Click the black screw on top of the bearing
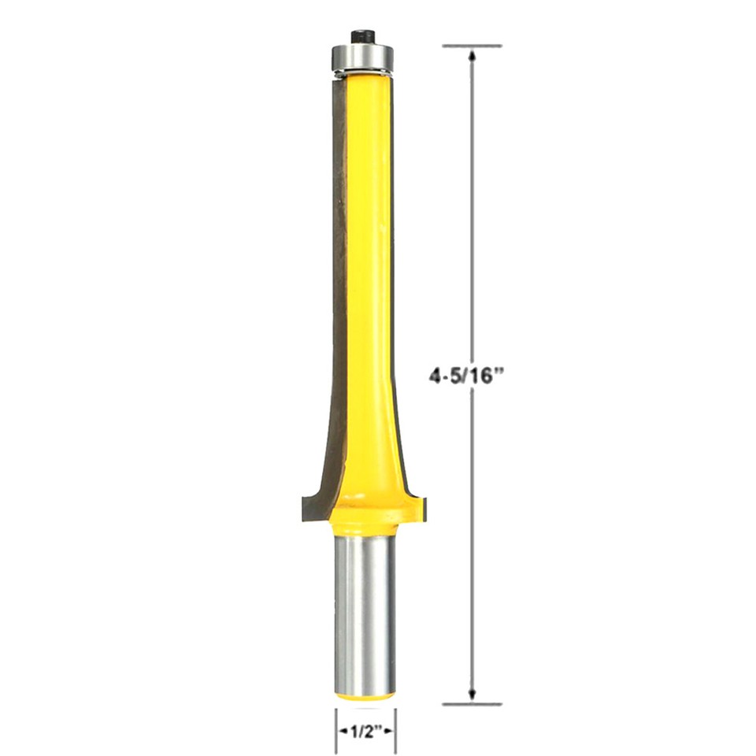pos(362,36)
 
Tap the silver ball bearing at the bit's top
pos(362,57)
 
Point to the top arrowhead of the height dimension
pos(472,56)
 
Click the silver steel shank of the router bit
pos(365,614)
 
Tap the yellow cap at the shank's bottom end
pos(365,694)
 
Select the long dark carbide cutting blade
pos(339,260)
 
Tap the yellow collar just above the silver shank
pos(364,521)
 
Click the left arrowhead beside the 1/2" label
pos(343,732)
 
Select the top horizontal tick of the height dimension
pos(472,46)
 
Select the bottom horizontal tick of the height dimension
pos(472,703)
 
